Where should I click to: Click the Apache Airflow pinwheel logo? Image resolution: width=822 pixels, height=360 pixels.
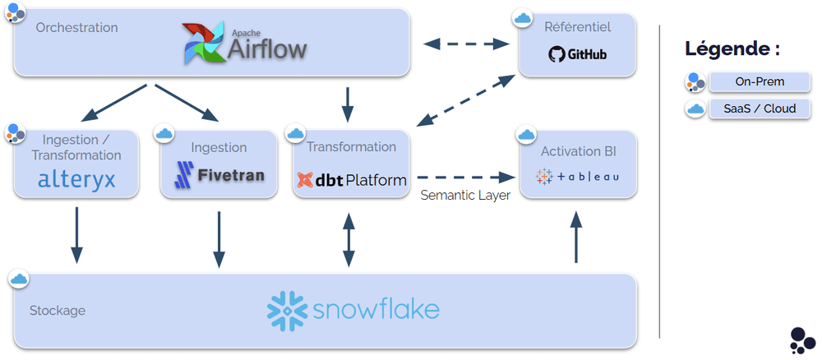205,43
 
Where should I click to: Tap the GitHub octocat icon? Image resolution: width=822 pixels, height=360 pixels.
556,55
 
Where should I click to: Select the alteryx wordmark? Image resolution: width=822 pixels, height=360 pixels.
77,179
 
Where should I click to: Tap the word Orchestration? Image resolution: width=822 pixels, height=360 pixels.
76,28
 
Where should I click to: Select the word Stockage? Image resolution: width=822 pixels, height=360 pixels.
58,311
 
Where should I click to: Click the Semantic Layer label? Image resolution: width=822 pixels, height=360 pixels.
464,196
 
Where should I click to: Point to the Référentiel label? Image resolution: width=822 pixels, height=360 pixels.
577,27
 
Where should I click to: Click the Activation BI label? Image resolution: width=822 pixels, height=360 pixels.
578,151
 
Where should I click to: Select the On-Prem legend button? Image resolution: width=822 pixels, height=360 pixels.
760,82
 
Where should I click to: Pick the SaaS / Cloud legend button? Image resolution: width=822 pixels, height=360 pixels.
760,108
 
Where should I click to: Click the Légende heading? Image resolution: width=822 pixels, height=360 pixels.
732,48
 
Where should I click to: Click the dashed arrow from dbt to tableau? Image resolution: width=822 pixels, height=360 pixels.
460,177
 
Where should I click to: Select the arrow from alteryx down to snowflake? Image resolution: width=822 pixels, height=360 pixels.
77,235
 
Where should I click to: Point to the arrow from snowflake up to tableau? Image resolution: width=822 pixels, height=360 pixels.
576,237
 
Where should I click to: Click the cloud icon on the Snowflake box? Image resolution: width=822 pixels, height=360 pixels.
18,279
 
